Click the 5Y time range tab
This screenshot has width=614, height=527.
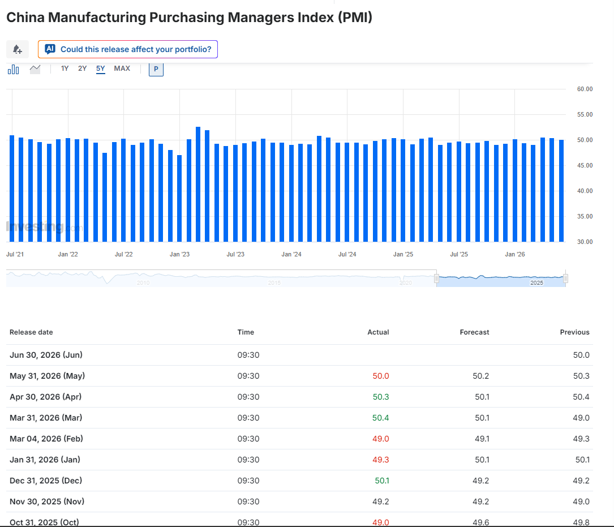click(x=101, y=68)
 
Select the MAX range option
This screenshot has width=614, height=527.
click(x=122, y=68)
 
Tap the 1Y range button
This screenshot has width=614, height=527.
click(x=65, y=68)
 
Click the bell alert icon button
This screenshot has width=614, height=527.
click(x=17, y=49)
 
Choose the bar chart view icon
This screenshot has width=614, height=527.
click(x=14, y=70)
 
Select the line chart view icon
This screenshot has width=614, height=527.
click(x=35, y=70)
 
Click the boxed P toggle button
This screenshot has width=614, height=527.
click(x=156, y=70)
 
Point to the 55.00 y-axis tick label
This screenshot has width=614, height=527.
click(x=585, y=114)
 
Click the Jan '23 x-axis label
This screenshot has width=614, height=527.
click(x=179, y=254)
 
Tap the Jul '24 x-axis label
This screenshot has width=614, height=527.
click(x=347, y=254)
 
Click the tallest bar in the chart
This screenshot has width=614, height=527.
click(x=198, y=184)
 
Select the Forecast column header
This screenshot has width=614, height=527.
click(x=474, y=332)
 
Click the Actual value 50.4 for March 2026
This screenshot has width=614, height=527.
click(x=381, y=418)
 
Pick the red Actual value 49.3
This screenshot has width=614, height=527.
click(x=381, y=460)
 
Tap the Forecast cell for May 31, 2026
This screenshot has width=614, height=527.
click(x=481, y=376)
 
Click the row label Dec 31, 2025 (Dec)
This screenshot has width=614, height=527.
click(x=46, y=481)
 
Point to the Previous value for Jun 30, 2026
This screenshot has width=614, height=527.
click(x=581, y=355)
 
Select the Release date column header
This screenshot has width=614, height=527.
click(x=31, y=332)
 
